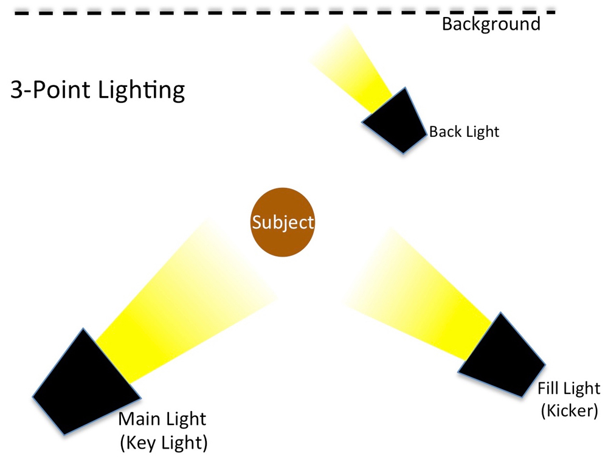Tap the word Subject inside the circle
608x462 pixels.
pos(283,222)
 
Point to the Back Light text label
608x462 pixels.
pos(464,131)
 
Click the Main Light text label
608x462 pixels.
pos(162,419)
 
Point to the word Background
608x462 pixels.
pos(491,24)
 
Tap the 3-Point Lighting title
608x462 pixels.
pos(98,91)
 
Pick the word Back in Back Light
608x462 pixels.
pos(443,131)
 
